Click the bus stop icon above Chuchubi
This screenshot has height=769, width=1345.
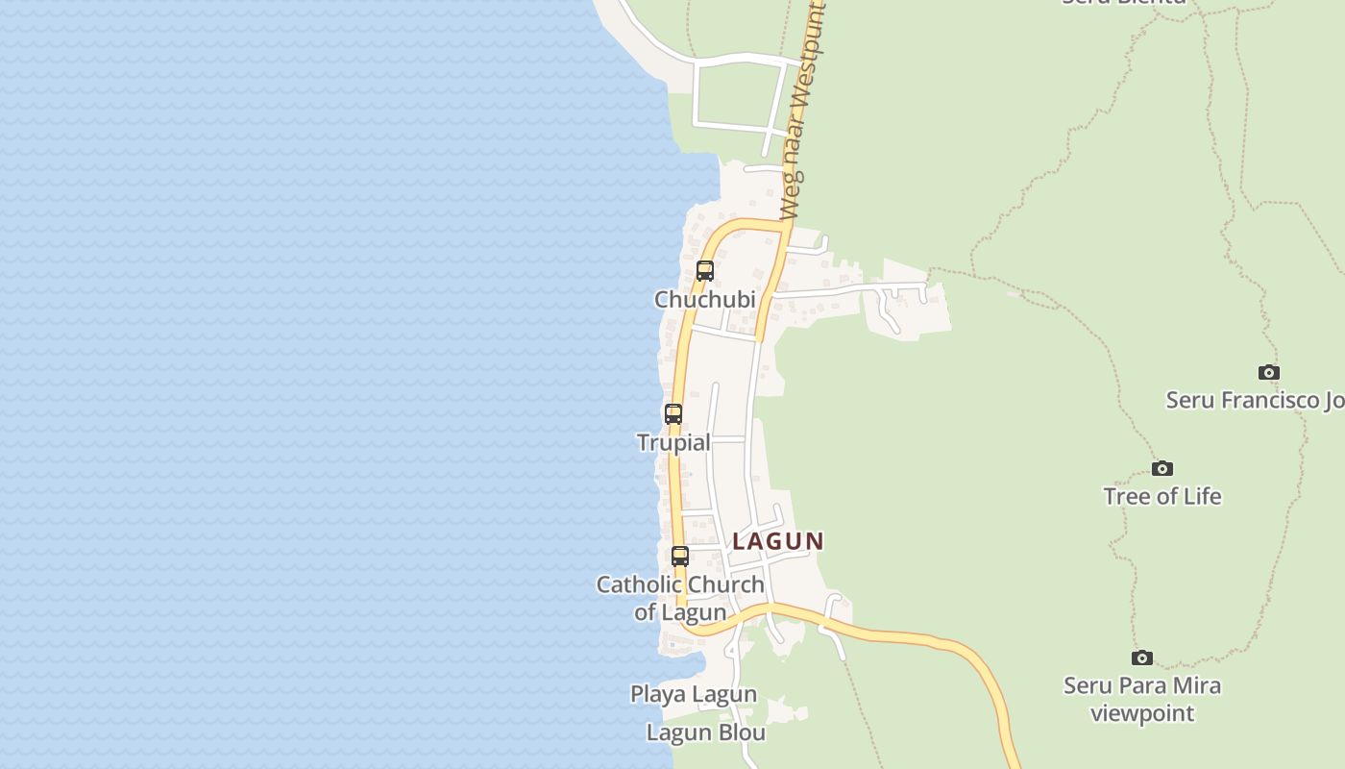click(x=705, y=271)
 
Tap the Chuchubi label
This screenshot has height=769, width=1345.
click(x=704, y=300)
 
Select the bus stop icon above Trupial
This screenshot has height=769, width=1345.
click(x=673, y=414)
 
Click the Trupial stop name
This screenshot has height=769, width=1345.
click(x=673, y=442)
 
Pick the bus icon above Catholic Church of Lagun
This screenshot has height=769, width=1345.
click(x=680, y=556)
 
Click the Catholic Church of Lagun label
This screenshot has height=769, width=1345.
click(x=680, y=598)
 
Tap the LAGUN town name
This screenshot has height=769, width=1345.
click(x=778, y=541)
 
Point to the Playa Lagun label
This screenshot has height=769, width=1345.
click(x=694, y=694)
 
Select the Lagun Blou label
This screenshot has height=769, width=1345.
click(x=705, y=732)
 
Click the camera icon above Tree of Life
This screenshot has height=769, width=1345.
click(x=1162, y=468)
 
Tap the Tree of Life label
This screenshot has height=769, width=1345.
click(x=1162, y=496)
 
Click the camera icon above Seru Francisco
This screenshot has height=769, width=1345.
click(x=1269, y=372)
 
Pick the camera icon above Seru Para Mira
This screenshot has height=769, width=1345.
click(x=1142, y=657)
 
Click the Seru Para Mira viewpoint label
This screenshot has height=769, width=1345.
click(x=1142, y=699)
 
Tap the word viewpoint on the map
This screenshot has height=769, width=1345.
click(x=1142, y=713)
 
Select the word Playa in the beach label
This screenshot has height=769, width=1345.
click(x=658, y=694)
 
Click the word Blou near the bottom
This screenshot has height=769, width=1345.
click(x=739, y=732)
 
